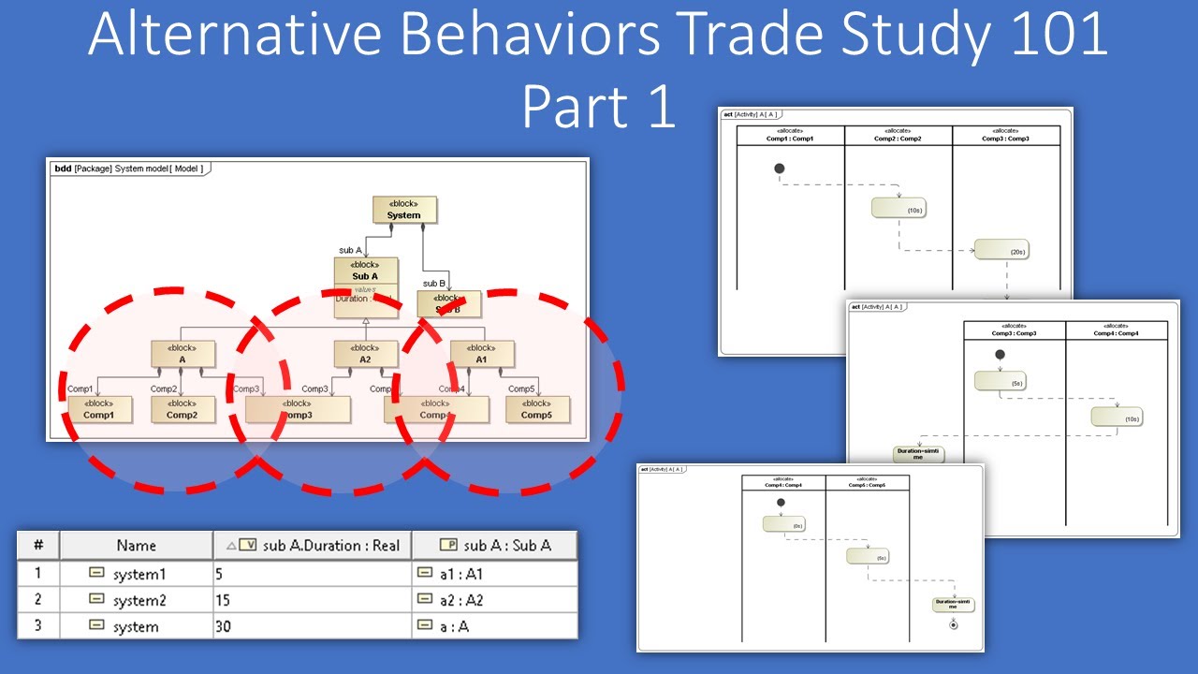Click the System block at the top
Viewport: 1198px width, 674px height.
404,210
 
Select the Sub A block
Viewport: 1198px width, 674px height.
366,271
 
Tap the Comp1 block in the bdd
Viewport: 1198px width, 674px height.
100,409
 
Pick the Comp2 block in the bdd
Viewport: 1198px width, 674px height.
183,409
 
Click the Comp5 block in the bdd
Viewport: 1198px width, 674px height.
537,409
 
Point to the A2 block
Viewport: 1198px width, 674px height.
366,353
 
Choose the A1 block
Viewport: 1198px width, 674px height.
482,353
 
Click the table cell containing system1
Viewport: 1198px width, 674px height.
136,573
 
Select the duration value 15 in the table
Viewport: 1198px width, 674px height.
223,600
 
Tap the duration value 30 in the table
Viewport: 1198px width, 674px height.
223,626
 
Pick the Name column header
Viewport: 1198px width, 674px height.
136,545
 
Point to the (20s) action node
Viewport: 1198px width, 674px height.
1001,250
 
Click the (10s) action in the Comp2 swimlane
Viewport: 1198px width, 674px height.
898,208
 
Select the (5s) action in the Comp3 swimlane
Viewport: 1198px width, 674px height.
1001,380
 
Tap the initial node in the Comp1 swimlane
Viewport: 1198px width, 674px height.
780,168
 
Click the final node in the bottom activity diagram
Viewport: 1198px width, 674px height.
954,624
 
